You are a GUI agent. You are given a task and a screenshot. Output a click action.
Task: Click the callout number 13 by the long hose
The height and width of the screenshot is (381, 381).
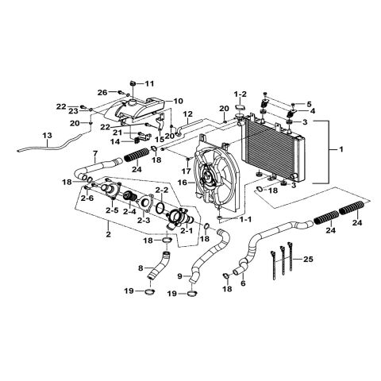[x=48, y=136]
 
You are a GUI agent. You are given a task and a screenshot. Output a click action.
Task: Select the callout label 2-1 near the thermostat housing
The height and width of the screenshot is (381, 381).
[x=187, y=230]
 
